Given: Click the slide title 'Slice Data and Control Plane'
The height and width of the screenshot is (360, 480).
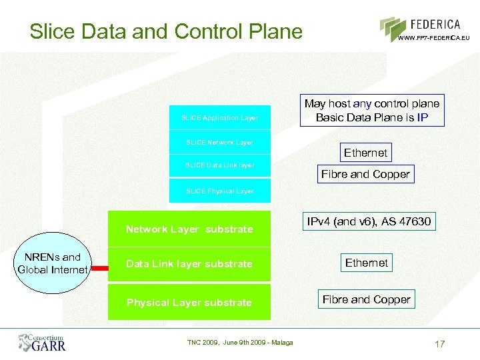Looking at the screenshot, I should [x=166, y=31].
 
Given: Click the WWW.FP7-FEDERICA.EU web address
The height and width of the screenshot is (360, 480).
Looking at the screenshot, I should [x=433, y=38].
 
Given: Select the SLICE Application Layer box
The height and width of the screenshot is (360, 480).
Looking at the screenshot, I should [x=220, y=117].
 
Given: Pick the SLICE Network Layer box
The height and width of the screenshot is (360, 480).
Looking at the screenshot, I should [x=220, y=142].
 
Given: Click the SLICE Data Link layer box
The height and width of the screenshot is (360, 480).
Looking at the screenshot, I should [x=220, y=165].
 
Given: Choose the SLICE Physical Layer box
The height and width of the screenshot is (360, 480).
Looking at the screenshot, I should [x=220, y=191].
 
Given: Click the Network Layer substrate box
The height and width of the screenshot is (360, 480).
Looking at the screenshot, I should [x=189, y=229].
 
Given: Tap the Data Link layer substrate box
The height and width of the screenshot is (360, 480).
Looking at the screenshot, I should [x=189, y=264].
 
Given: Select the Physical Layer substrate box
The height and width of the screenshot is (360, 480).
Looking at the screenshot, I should [x=189, y=302].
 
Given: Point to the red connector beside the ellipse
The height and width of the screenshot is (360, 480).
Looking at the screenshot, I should [x=99, y=269].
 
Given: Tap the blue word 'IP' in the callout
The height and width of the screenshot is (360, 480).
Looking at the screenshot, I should [x=422, y=118].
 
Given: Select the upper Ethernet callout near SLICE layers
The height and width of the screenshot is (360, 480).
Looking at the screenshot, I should [x=365, y=153].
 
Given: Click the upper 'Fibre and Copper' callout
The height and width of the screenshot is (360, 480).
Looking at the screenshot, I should [x=365, y=175].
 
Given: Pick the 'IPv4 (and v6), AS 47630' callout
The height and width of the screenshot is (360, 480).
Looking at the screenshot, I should [x=368, y=221].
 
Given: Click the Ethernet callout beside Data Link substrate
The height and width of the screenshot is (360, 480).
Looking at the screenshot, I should [x=366, y=263].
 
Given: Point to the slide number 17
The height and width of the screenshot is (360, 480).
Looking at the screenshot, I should [x=439, y=344].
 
